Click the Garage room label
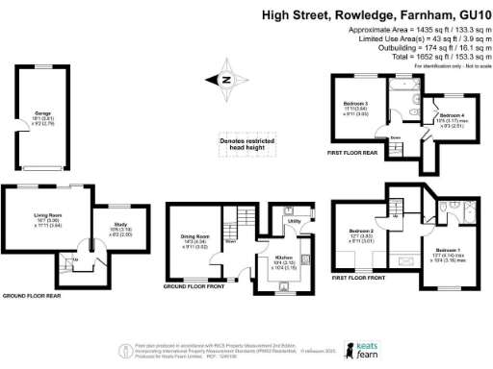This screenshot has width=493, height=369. (43, 113)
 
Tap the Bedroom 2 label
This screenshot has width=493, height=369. (361, 232)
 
